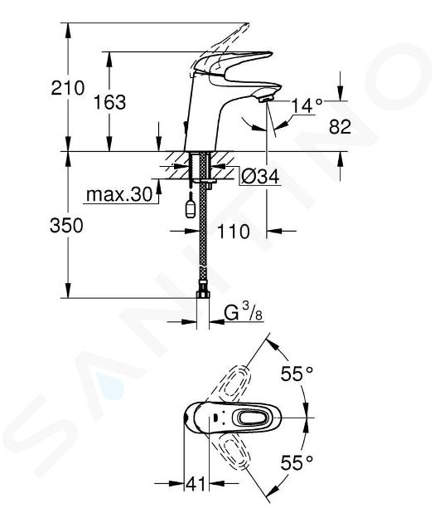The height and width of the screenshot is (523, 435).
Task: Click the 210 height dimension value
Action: (68, 88)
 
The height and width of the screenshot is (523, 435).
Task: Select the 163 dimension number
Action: (109, 102)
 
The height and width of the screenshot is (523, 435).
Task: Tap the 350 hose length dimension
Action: (66, 226)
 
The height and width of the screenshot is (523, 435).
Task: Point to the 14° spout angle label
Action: (307, 106)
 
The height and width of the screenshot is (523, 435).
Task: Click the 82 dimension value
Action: (340, 127)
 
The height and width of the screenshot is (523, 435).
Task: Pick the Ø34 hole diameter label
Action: (259, 176)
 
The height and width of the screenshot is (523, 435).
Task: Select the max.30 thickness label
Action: (118, 194)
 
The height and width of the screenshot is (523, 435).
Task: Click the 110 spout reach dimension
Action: (233, 231)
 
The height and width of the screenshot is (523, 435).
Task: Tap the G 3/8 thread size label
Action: (243, 314)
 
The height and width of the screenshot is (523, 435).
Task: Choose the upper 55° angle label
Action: (297, 374)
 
